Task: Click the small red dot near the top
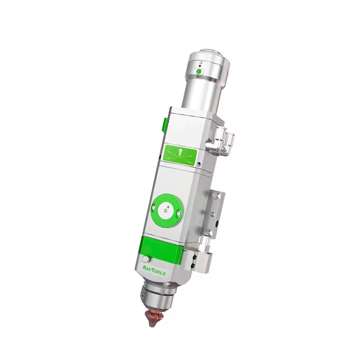coord(200,66)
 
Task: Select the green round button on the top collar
coord(199,72)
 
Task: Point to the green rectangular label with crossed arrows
coord(180,154)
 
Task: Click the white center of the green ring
coord(166,210)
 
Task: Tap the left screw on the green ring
coord(154,208)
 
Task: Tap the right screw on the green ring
coord(178,214)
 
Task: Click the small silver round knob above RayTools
coord(146,259)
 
